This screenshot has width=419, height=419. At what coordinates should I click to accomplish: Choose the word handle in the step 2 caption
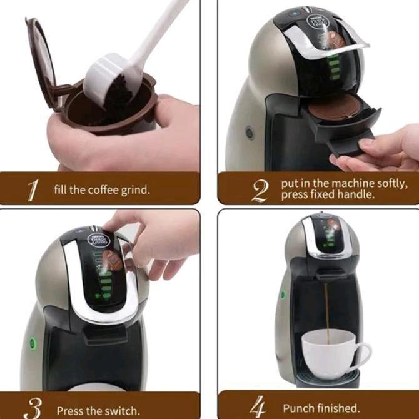(x=357, y=194)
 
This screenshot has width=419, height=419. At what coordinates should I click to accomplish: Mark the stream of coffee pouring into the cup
(x=326, y=313)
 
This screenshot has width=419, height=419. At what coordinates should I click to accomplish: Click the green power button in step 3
(x=31, y=343)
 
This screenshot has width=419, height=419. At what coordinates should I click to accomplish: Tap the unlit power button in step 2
(x=250, y=132)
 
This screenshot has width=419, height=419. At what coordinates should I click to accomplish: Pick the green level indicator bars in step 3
(x=98, y=281)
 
